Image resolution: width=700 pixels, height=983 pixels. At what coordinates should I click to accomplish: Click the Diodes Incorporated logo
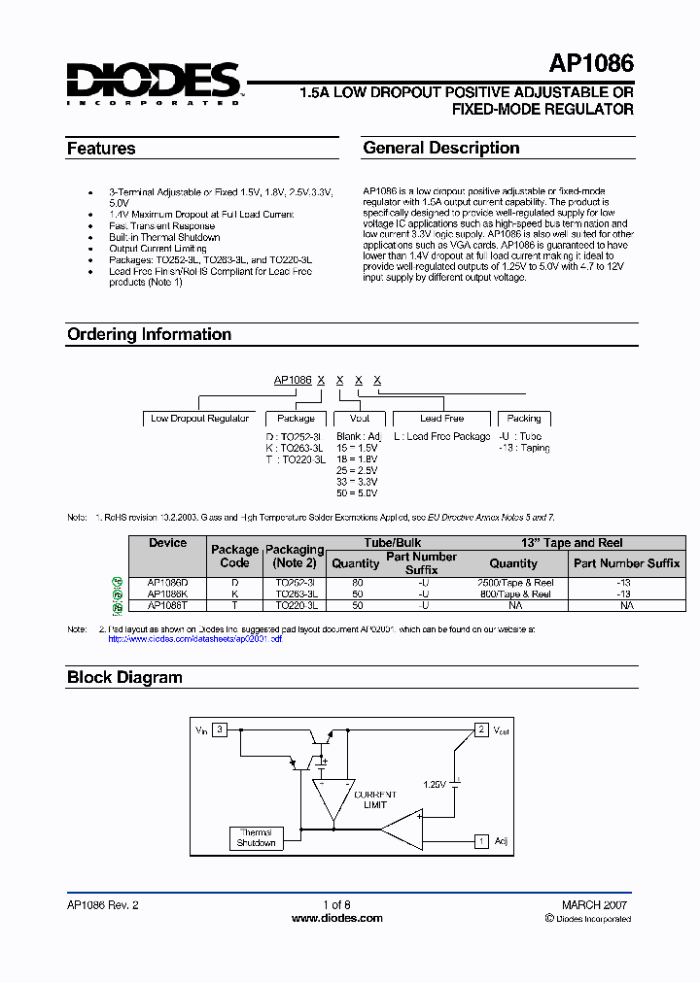point(154,84)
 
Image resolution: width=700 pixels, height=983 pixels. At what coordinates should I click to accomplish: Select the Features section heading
point(101,149)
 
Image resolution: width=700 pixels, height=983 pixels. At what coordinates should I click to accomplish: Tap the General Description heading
point(440,149)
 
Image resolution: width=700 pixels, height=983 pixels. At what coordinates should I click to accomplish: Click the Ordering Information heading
point(149,334)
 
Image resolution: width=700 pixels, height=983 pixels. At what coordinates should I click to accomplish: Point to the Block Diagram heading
point(124,677)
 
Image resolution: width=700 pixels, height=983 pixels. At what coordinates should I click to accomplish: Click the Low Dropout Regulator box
point(200,419)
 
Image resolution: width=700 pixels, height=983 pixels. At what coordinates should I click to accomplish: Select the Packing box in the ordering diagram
point(524,419)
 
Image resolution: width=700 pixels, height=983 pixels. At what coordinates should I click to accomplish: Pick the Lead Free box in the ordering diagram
point(441,419)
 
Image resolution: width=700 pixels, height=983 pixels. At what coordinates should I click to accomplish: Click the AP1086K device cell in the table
point(167,593)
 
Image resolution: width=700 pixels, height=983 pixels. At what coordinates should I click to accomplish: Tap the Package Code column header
point(234,556)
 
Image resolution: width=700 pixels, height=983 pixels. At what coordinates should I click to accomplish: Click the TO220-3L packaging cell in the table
point(295,605)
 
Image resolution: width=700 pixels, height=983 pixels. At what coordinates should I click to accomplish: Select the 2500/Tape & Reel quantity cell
point(513,582)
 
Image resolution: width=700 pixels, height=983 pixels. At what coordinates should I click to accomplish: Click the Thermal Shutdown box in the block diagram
point(256,837)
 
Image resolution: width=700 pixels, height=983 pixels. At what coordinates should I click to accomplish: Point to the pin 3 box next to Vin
point(221,729)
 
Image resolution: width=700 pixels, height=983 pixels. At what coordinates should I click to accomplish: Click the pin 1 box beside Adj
point(480,841)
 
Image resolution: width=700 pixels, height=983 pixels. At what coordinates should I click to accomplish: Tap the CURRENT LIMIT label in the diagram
point(374,799)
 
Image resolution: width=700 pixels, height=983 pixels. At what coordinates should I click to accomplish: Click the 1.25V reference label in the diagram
point(434,784)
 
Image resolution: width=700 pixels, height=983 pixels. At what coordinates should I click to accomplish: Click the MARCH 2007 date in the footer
point(594,904)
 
